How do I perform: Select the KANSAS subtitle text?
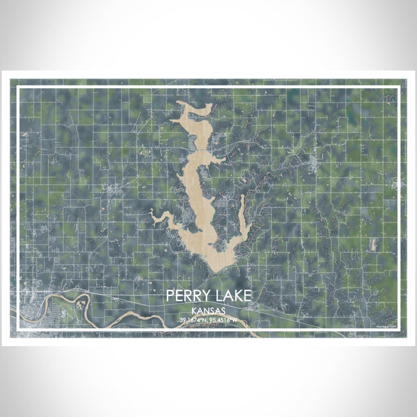pos(208,311)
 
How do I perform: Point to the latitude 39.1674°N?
pos(193,320)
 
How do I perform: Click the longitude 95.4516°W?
pos(224,320)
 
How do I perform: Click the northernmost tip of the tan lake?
pos(179,102)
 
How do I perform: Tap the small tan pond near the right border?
pos(373,243)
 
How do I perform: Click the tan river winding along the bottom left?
pos(125,317)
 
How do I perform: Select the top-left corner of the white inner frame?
pos(18,87)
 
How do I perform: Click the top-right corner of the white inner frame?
pos(399,87)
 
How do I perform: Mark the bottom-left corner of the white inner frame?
pos(18,330)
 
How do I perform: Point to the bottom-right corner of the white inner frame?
pos(399,330)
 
